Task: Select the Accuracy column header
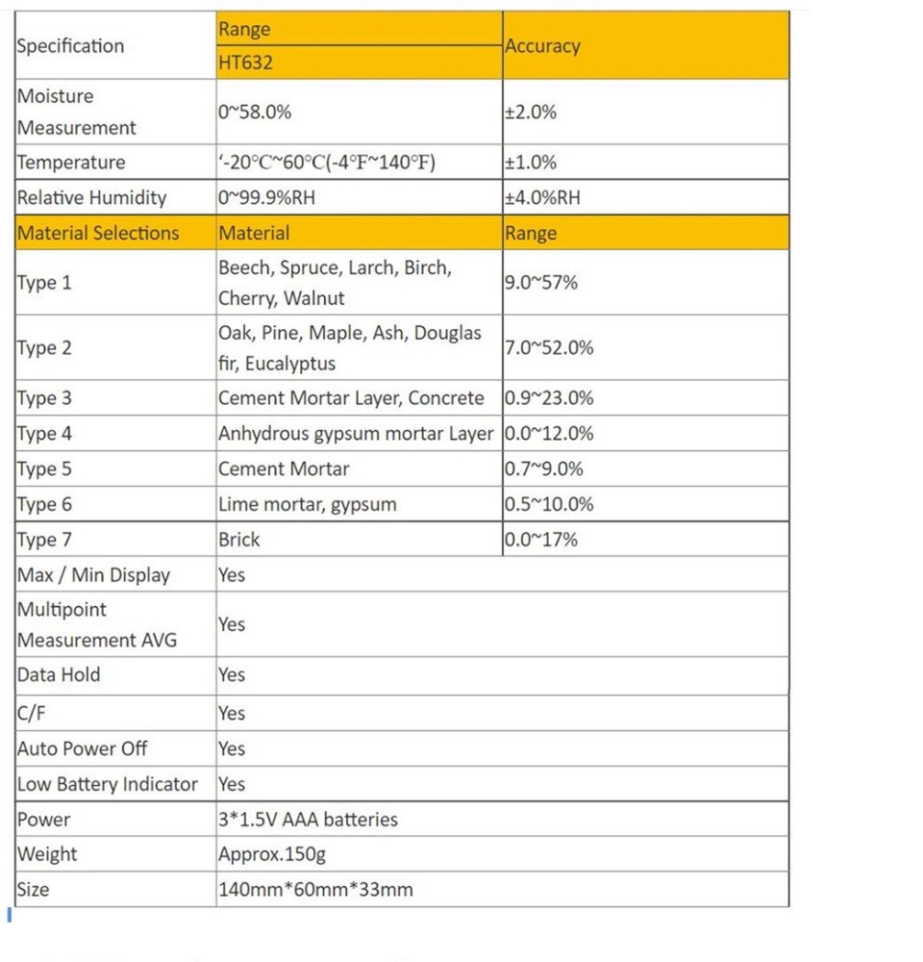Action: (542, 46)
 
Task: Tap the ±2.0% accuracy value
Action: (531, 112)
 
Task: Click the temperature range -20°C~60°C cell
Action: (327, 163)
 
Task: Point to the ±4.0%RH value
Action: (542, 198)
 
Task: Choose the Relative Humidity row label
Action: (91, 198)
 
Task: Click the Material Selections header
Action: (98, 233)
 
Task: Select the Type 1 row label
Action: (44, 283)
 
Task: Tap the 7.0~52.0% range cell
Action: (549, 348)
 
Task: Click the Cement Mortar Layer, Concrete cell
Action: (351, 398)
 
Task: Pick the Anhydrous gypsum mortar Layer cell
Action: (356, 434)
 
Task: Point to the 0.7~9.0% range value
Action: (543, 469)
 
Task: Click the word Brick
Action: (239, 540)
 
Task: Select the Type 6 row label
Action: (44, 504)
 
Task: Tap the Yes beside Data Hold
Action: (232, 675)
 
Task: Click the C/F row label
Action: (31, 714)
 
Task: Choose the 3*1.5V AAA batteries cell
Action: (308, 820)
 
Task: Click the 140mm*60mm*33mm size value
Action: (315, 890)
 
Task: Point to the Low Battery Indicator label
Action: (107, 784)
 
